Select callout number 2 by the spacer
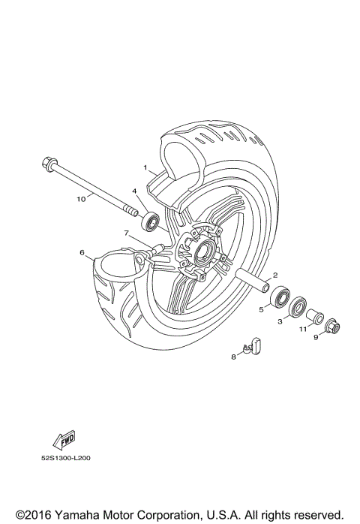tap(275, 276)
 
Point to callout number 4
tap(135, 191)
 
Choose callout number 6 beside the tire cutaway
tap(82, 253)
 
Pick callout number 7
tap(127, 233)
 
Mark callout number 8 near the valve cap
tap(233, 357)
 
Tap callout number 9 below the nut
tap(316, 338)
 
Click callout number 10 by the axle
tap(80, 199)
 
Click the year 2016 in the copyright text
tap(36, 515)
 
